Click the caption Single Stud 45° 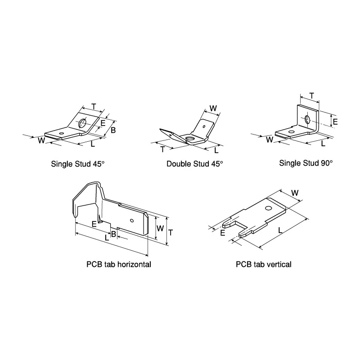(x=77, y=164)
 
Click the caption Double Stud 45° (x=195, y=164)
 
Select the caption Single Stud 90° (x=306, y=163)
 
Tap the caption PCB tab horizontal (x=119, y=264)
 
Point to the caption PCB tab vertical (x=264, y=264)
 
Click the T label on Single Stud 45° (x=94, y=107)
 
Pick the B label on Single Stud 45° (x=113, y=130)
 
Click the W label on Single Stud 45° (x=41, y=140)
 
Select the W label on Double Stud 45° (x=213, y=108)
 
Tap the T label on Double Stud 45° (x=163, y=149)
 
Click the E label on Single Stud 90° (x=335, y=121)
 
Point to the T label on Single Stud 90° (x=311, y=96)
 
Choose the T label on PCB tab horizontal (x=171, y=233)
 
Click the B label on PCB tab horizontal (x=113, y=234)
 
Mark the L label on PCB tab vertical (x=280, y=230)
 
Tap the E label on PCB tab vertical (x=222, y=233)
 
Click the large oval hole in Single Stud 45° (x=82, y=123)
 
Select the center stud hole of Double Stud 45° (x=190, y=139)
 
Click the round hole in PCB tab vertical (x=268, y=208)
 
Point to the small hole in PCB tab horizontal (x=132, y=220)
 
